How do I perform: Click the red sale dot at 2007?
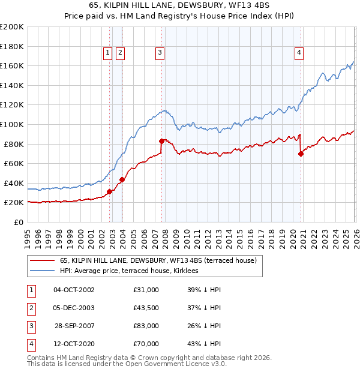point(161,141)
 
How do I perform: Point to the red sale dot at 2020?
point(301,154)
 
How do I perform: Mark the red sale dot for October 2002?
point(109,192)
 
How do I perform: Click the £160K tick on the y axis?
point(12,65)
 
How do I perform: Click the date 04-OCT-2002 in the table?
point(74,290)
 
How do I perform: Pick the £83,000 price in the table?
point(146,326)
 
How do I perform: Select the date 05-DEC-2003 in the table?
point(74,308)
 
